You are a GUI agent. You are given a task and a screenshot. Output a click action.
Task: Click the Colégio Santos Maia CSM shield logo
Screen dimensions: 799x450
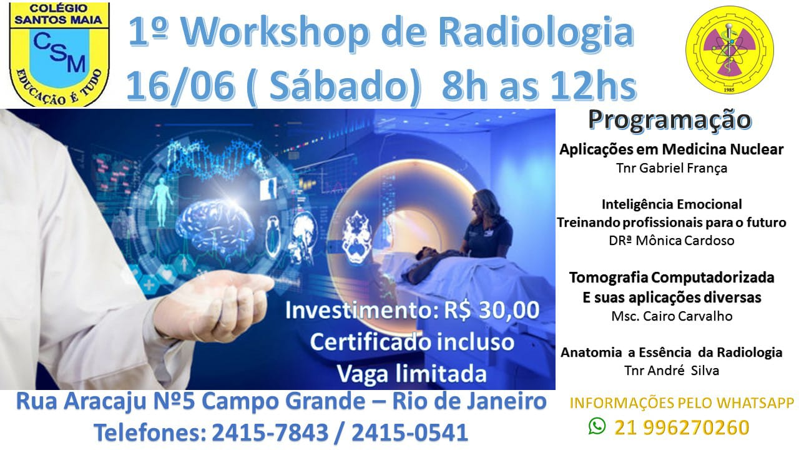tap(59, 54)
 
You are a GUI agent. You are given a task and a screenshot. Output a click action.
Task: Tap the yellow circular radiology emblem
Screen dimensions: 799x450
tap(730, 49)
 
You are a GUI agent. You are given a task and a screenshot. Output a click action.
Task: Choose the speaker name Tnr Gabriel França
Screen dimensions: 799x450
tap(672, 168)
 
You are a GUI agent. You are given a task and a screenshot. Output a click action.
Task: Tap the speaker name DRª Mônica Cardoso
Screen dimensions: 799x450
tap(672, 241)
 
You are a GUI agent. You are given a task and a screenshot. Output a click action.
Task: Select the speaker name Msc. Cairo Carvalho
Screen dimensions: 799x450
tap(672, 316)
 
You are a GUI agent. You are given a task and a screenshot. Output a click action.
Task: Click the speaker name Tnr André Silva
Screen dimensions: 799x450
tap(672, 371)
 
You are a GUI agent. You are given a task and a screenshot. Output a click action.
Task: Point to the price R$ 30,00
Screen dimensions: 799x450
tap(491, 310)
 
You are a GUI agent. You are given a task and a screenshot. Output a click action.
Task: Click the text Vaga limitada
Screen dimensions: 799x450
tap(411, 374)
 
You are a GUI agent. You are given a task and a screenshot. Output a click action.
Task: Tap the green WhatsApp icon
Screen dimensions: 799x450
tap(597, 426)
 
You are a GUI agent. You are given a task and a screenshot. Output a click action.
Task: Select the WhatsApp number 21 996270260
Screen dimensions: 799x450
tap(682, 427)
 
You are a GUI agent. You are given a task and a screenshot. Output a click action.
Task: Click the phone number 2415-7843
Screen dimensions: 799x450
tap(270, 432)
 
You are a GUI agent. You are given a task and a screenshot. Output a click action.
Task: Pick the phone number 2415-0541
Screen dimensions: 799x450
tap(410, 432)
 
